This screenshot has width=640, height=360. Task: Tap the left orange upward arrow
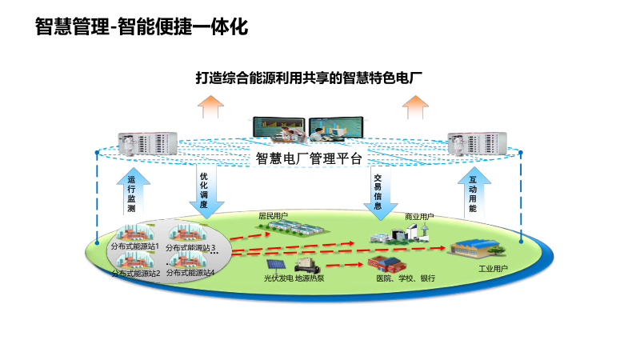[x=212, y=105]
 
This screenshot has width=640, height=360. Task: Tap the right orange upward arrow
[x=416, y=105]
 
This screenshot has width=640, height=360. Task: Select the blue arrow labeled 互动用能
[x=473, y=192]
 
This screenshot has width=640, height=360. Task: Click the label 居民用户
[x=273, y=216]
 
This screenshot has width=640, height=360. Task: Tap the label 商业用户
[x=419, y=216]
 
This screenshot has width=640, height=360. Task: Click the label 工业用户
[x=493, y=268]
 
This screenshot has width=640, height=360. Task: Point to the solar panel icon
[x=275, y=263]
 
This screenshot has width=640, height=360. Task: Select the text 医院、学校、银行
[x=406, y=278]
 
